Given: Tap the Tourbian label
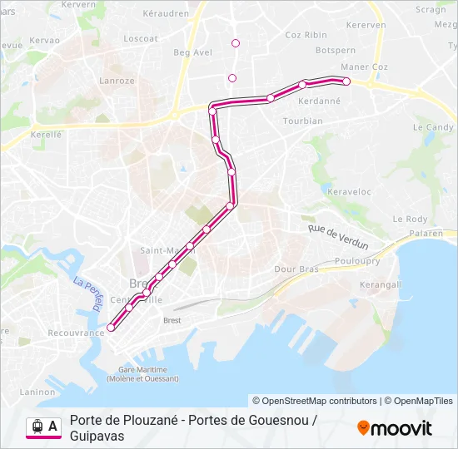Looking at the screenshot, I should [x=302, y=121].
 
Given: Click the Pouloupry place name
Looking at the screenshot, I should [x=356, y=260].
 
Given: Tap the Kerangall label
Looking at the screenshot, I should [x=380, y=284].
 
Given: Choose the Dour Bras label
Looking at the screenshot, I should [x=296, y=269].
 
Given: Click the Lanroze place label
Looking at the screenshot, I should [x=117, y=81].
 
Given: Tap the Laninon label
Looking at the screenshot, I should [x=37, y=392].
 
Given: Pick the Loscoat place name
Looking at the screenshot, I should [x=140, y=38].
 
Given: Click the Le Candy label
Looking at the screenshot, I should [x=433, y=127].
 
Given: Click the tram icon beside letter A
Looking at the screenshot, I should [x=37, y=426].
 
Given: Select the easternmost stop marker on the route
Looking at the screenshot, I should [x=346, y=81].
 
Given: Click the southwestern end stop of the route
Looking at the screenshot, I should [x=111, y=328].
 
